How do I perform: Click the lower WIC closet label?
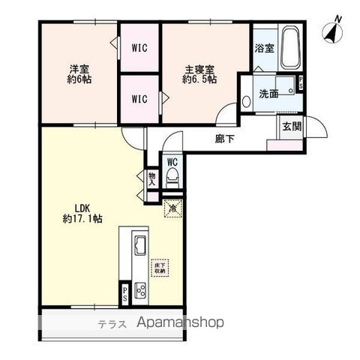[x=140, y=97]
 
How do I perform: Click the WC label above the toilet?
[x=172, y=162]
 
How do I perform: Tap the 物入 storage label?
[x=151, y=178]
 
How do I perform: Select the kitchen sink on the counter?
[x=140, y=245]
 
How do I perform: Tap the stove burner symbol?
[x=140, y=289]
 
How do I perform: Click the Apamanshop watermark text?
[x=180, y=324]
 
